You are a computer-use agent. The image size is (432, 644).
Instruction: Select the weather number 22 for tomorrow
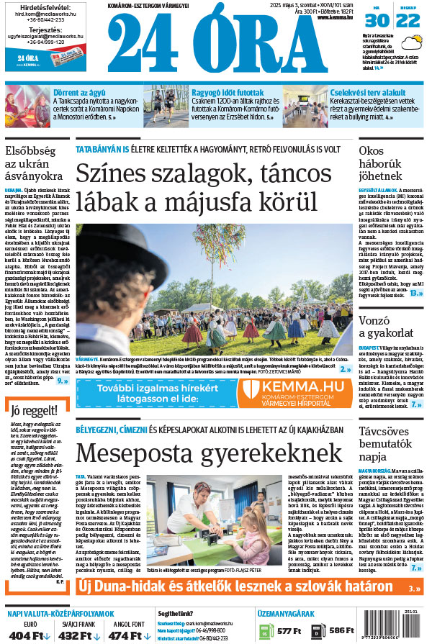408,21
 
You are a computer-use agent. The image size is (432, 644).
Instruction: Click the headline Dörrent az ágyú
78,92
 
